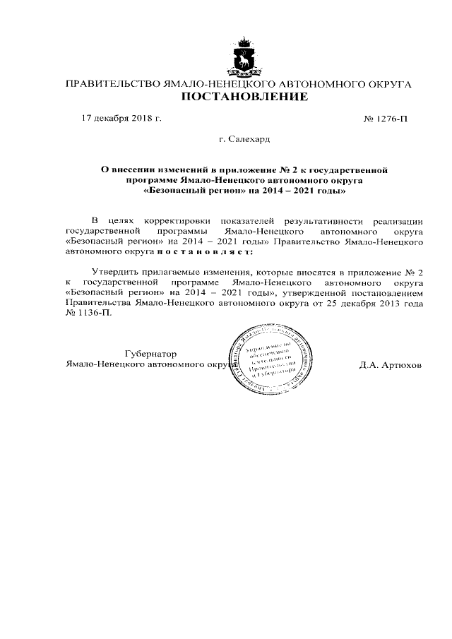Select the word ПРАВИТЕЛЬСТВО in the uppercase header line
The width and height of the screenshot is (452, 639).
coord(111,83)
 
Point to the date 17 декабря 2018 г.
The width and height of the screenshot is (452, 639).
coord(121,117)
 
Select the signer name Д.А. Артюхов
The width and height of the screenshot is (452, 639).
coord(390,365)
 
